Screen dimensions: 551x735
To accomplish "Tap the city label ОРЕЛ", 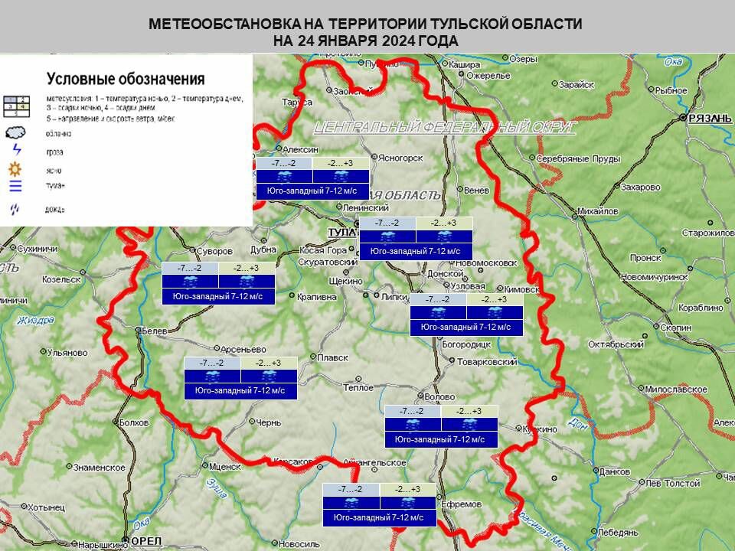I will coord(146,541).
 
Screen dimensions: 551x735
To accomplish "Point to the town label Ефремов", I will coord(462,504).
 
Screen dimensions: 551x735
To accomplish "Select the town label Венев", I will coord(475,189).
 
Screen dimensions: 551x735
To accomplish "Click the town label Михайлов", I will coord(597,210).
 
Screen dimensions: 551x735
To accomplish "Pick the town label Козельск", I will coord(62,279).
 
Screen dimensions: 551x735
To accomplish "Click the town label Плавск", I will coord(332,357).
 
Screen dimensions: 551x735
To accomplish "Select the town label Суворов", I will coord(214,251).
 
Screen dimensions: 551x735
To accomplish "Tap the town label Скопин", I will coord(676,328).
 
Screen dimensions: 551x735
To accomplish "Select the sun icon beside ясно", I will coord(15,170).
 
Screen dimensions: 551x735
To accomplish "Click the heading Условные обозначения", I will coord(126,78).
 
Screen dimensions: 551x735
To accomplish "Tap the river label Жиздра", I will coord(35,320).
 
